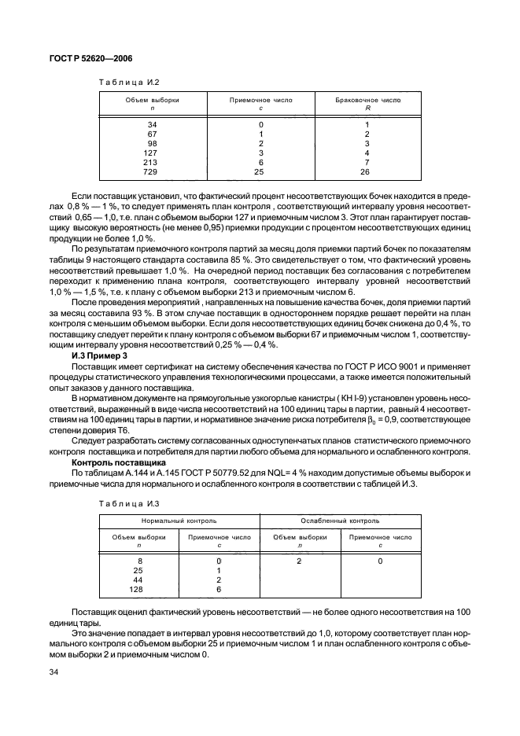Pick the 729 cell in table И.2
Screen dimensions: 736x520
152,171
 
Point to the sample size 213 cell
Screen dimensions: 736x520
152,162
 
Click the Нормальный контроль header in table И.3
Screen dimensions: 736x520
179,521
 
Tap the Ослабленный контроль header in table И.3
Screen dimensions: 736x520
340,521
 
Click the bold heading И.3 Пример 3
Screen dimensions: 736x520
107,357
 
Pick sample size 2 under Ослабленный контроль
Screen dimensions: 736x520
299,560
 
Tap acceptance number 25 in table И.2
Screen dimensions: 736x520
260,171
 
